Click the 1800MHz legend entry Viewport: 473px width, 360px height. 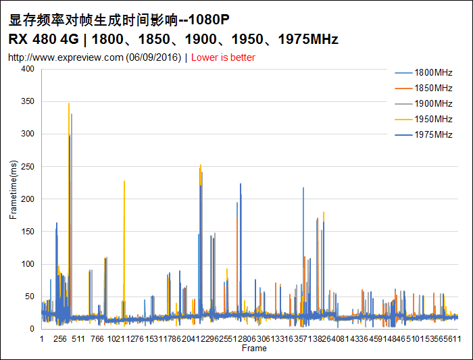[433, 72]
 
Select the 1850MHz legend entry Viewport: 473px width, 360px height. [433, 88]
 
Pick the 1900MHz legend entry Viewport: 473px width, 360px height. [433, 103]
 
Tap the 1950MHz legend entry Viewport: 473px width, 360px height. [433, 119]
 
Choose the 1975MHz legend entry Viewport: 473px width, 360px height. [433, 134]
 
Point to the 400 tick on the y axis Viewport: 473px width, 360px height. [27, 69]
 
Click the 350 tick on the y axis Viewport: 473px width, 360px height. [27, 101]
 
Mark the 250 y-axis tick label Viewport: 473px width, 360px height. [27, 166]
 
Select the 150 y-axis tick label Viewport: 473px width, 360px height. [27, 231]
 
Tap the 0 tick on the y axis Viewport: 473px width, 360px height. [32, 329]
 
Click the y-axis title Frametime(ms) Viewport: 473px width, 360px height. [13, 199]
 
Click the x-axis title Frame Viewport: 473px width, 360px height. [254, 349]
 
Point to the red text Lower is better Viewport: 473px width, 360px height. [223, 57]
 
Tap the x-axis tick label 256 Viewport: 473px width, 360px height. [59, 339]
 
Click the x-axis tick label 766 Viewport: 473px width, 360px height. [97, 339]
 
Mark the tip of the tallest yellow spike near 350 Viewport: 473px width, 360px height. [69, 103]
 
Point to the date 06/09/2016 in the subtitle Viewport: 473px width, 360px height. [154, 57]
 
